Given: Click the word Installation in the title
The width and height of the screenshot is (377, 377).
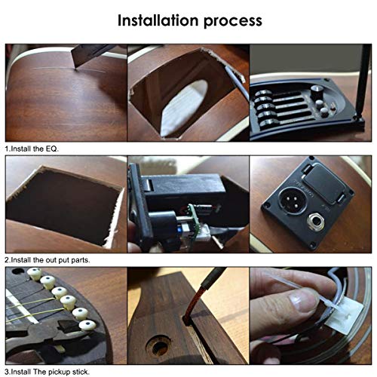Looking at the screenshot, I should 158,19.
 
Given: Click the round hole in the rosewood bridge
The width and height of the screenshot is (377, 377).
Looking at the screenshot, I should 156,349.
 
